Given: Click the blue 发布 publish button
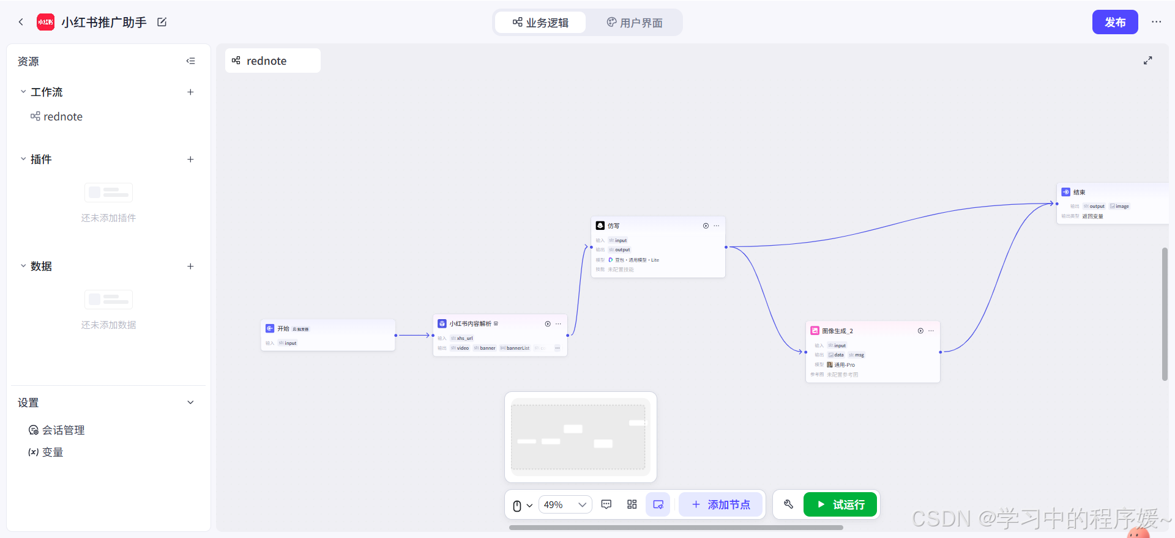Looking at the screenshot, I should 1114,23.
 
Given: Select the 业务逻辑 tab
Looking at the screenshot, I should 540,23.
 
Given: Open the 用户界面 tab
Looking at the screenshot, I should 635,23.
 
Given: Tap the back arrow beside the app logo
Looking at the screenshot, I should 21,22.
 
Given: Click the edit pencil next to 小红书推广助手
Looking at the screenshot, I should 162,22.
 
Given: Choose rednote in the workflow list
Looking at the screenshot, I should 62,117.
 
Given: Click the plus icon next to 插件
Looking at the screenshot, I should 190,160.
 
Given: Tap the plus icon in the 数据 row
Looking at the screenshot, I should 190,267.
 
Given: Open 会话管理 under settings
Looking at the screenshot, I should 63,430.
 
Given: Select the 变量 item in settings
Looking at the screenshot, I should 52,452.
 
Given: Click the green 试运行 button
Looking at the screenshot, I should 840,505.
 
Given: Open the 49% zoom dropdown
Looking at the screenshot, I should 565,505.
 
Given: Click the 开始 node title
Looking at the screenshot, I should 283,329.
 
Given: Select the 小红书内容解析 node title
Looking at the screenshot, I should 470,324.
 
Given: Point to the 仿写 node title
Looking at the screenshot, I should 613,226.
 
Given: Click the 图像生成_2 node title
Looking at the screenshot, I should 837,331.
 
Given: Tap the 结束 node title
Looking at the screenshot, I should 1079,193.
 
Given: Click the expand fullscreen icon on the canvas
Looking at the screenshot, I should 1148,61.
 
